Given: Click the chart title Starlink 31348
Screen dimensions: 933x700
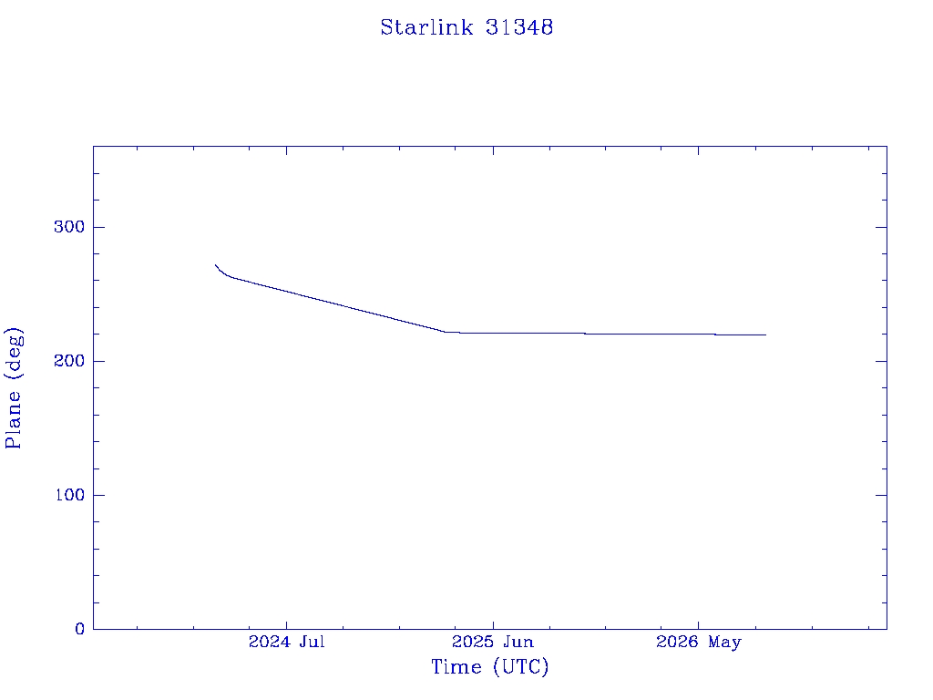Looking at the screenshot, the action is coord(466,27).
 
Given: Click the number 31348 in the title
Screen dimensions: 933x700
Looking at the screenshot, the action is coord(518,27).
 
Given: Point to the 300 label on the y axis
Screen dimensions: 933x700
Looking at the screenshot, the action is coord(69,227).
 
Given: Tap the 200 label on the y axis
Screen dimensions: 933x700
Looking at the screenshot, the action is coord(69,361).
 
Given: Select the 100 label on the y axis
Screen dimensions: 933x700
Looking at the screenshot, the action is coord(69,495).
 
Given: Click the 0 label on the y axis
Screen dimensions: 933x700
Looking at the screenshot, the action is coord(80,629).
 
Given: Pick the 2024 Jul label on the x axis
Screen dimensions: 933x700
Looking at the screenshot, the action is coord(286,642).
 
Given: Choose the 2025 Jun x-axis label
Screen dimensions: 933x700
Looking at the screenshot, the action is coord(493,642).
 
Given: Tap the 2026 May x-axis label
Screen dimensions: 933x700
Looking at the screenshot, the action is coord(699,642).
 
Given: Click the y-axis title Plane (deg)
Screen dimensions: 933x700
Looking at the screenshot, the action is coord(13,387).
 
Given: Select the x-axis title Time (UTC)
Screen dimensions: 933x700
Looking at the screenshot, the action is coord(489,666).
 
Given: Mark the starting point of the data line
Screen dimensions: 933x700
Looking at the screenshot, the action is coord(215,265).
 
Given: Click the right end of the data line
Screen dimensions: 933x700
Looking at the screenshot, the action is coord(765,335).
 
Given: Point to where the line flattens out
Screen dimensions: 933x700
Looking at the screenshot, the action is coord(445,332).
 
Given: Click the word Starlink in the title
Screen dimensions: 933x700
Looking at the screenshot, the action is coord(426,27).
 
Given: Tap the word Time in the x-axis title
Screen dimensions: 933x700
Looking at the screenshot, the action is coord(456,666).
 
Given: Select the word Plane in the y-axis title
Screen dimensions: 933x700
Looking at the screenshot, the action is coord(13,419).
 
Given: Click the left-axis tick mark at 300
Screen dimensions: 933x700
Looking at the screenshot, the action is coord(98,227).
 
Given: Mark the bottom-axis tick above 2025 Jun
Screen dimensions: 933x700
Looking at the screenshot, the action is coord(493,623).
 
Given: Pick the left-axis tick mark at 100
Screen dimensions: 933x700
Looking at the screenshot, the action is coord(98,495).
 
